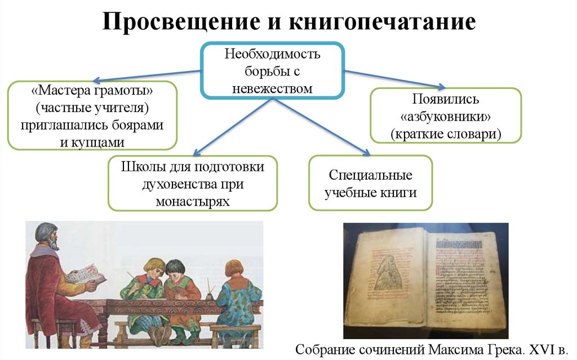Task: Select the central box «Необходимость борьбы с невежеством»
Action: tap(273, 70)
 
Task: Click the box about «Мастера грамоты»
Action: tap(92, 115)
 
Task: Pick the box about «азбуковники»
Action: tap(445, 115)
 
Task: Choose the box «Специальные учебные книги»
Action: tap(371, 183)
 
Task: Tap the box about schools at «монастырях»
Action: tap(193, 184)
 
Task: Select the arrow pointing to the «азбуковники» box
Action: tap(394, 79)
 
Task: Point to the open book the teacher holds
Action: tap(85, 274)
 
